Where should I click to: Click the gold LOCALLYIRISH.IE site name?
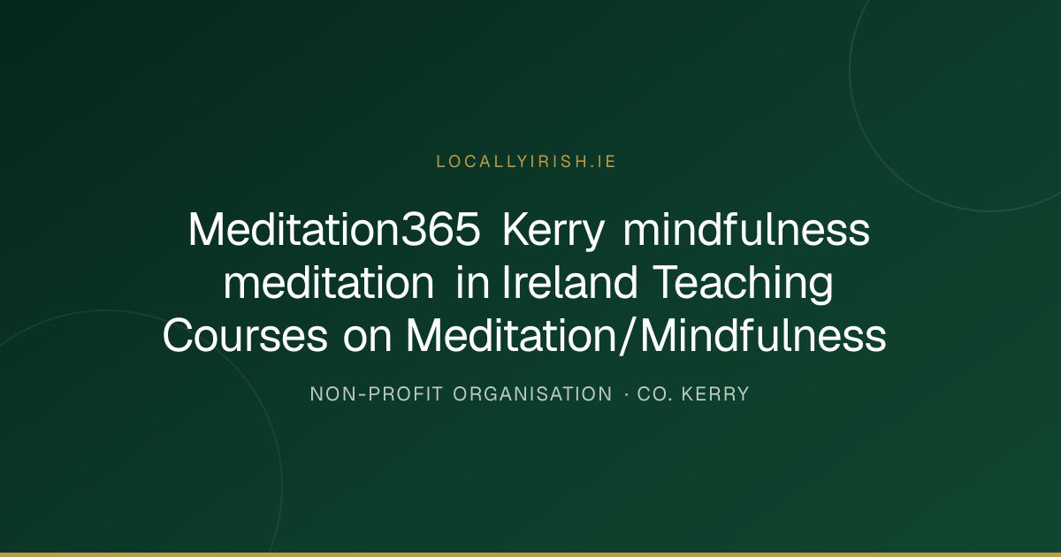pos(526,162)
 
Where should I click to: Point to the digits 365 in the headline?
pos(440,230)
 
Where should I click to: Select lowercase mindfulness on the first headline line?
pos(746,229)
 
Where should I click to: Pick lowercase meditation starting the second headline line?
pos(329,282)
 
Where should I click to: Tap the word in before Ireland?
pos(472,282)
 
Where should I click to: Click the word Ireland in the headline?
pos(569,282)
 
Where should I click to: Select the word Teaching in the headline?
pos(742,284)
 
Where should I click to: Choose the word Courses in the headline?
pos(245,335)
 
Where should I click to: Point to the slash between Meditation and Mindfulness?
pos(628,335)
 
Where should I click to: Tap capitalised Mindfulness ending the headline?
pos(764,335)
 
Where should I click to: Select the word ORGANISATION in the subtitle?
pos(533,394)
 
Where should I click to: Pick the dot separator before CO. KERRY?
pos(627,394)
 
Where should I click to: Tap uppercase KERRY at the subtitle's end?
pos(715,394)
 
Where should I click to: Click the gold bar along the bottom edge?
pos(530,554)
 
